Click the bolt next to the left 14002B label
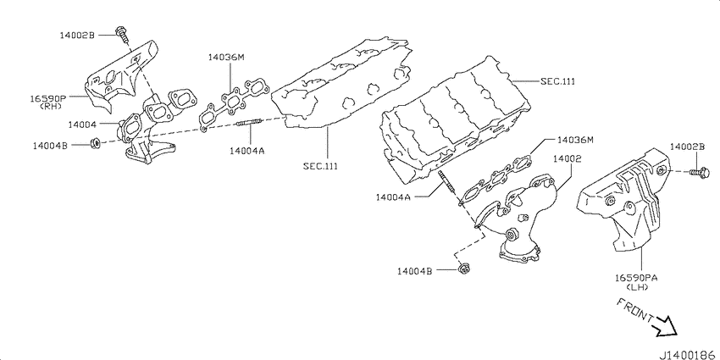click(x=122, y=35)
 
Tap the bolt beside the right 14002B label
click(x=700, y=172)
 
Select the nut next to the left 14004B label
click(x=96, y=144)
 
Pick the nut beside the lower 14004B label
click(x=463, y=269)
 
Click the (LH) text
click(x=636, y=287)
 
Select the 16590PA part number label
click(x=636, y=278)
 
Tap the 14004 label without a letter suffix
click(x=81, y=125)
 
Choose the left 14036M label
click(x=226, y=58)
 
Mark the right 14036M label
click(x=575, y=139)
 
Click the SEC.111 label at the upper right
click(x=557, y=81)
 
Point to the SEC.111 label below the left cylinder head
click(x=320, y=166)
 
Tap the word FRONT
click(x=635, y=310)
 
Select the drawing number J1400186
click(x=689, y=355)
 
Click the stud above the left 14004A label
click(x=249, y=122)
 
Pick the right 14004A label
click(x=392, y=197)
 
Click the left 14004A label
click(x=247, y=150)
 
